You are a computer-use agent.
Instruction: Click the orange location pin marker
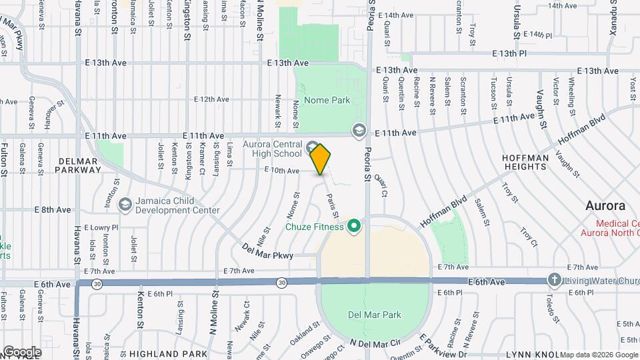(321, 159)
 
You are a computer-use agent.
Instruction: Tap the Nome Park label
(327, 101)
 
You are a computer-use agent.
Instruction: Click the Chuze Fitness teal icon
(355, 227)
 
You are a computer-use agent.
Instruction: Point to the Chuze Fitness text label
(314, 227)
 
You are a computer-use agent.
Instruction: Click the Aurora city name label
(605, 205)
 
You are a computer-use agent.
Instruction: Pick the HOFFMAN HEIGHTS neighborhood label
(526, 162)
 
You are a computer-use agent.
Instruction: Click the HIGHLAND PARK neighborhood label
(169, 353)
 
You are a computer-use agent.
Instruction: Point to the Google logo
(22, 352)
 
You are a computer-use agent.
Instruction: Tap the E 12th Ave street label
(212, 99)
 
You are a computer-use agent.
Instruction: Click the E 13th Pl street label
(509, 53)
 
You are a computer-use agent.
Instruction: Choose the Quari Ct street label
(381, 186)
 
